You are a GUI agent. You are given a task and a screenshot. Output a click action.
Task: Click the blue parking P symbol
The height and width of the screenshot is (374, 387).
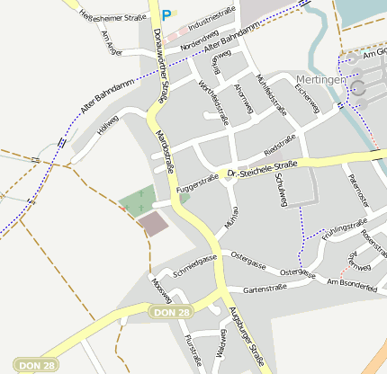click(165, 14)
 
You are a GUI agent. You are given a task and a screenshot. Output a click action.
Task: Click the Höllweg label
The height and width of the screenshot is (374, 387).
click(108, 123)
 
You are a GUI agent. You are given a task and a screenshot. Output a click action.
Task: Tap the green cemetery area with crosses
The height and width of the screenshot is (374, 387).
click(136, 200)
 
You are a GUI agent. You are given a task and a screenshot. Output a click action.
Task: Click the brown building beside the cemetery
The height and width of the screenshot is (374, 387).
click(152, 223)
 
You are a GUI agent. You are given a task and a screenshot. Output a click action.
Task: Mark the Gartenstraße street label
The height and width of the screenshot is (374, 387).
click(265, 288)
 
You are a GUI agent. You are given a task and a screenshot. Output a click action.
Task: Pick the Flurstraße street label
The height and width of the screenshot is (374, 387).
click(192, 349)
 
